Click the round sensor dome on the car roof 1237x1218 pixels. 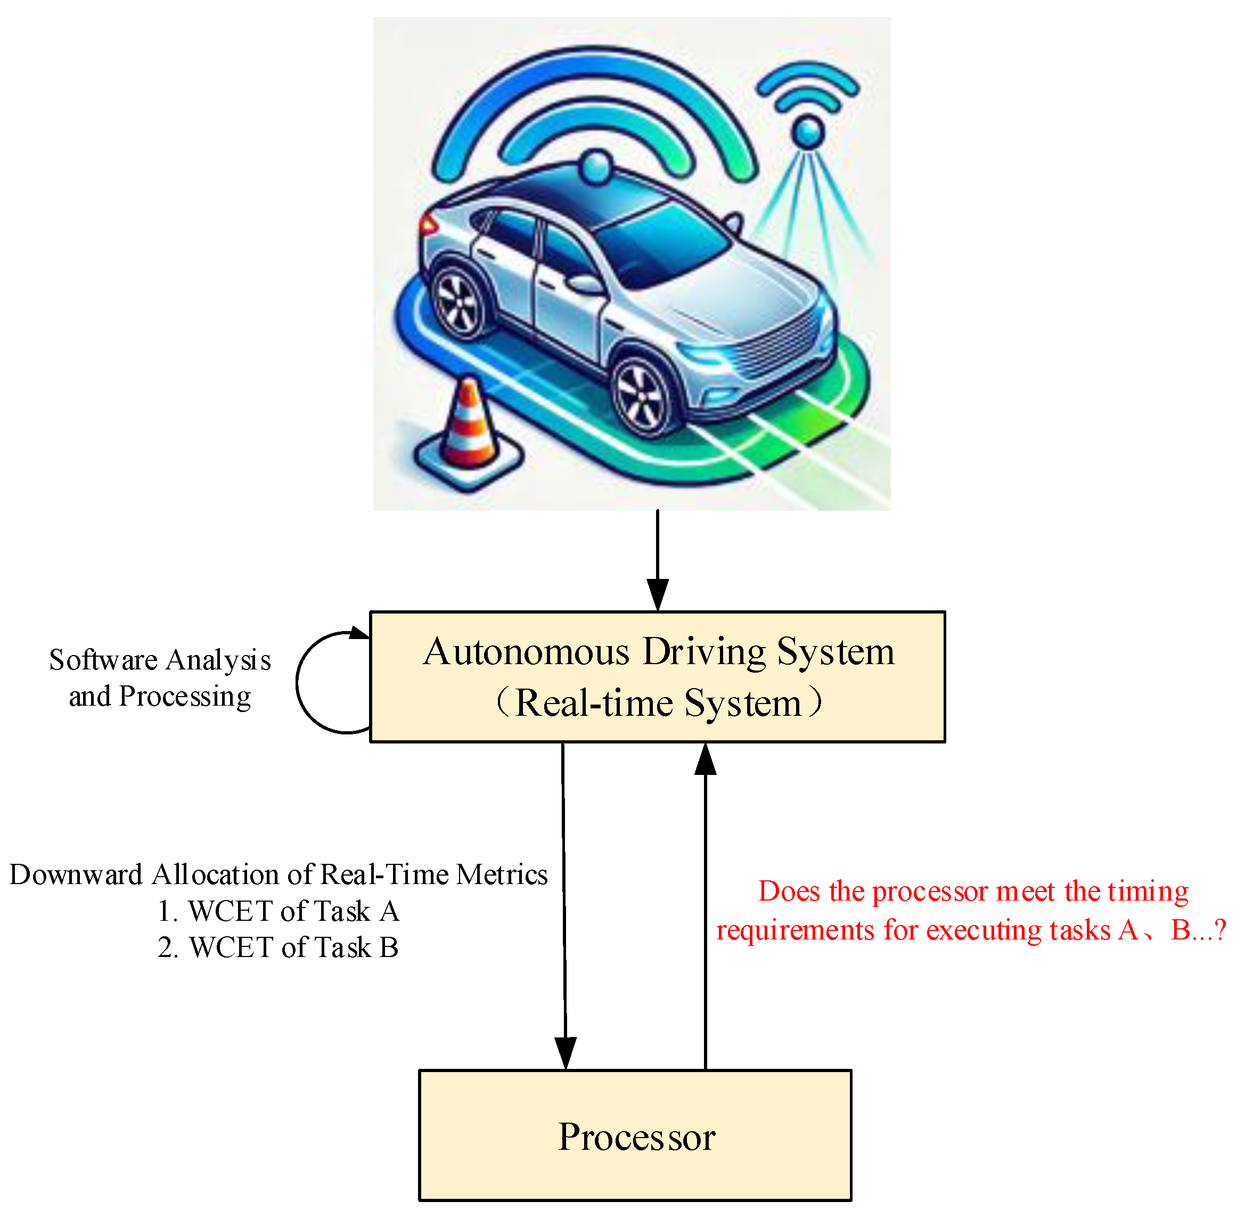coord(597,168)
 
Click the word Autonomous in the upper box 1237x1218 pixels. coord(526,652)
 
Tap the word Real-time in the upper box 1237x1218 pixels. coord(594,704)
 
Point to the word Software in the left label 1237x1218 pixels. coord(103,660)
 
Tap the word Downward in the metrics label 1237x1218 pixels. coord(76,874)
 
